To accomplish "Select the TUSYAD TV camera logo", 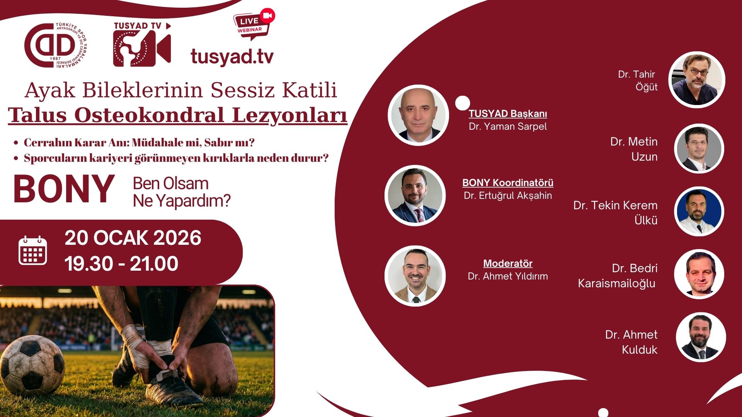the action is pyautogui.click(x=142, y=44).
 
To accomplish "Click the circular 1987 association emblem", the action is pyautogui.click(x=56, y=46).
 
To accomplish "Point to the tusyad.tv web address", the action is pyautogui.click(x=232, y=56).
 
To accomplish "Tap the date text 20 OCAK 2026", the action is pyautogui.click(x=133, y=238).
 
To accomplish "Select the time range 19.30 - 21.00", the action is pyautogui.click(x=121, y=264).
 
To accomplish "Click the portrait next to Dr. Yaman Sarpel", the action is pyautogui.click(x=418, y=115).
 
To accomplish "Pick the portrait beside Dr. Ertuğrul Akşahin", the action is pyautogui.click(x=415, y=195).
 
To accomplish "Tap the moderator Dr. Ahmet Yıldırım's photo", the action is pyautogui.click(x=415, y=276).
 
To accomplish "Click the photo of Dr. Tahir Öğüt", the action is pyautogui.click(x=697, y=80).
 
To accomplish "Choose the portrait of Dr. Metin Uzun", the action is pyautogui.click(x=699, y=149).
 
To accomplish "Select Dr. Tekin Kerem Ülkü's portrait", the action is pyautogui.click(x=699, y=212).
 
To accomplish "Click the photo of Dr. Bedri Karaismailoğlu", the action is pyautogui.click(x=699, y=274).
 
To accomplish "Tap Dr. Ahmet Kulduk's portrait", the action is pyautogui.click(x=701, y=337).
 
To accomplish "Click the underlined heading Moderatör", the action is pyautogui.click(x=508, y=264).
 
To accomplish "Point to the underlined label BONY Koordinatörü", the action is pyautogui.click(x=508, y=183).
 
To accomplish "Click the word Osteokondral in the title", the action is pyautogui.click(x=149, y=115).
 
